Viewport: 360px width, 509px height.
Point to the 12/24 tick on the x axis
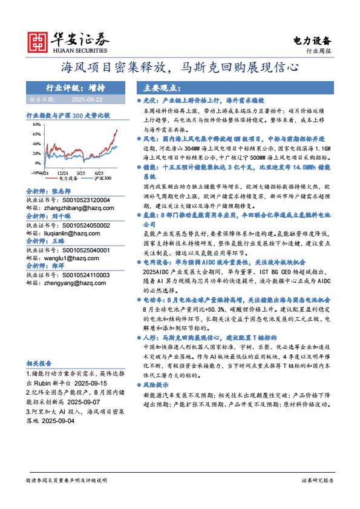[63, 172]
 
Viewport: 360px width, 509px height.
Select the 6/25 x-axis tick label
[99, 172]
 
